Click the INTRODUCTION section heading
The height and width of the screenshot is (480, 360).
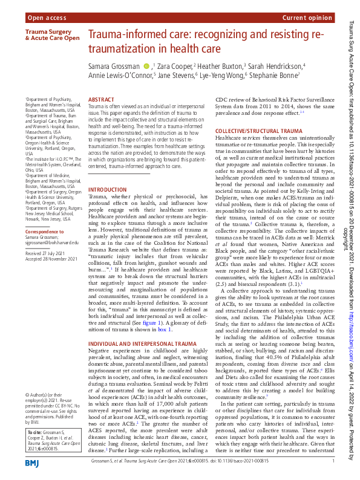[108, 189]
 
